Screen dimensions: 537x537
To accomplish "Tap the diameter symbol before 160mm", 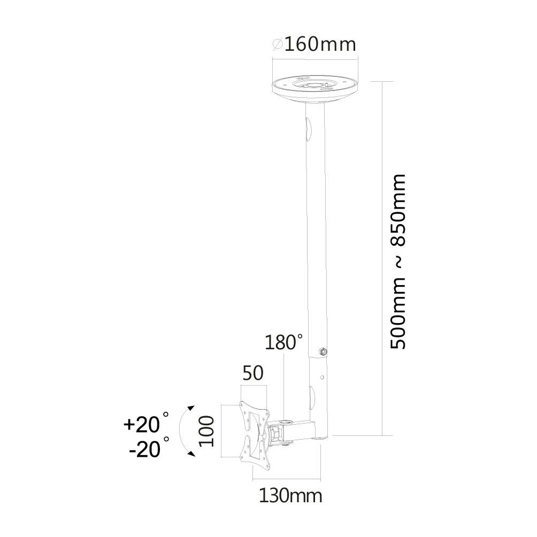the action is click(278, 44).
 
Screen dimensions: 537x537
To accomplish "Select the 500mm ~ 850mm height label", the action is click(398, 262).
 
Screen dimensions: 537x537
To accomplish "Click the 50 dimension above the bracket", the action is click(253, 373).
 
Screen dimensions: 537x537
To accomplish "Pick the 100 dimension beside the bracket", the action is click(206, 431).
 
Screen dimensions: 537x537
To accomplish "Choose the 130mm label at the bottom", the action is click(290, 496).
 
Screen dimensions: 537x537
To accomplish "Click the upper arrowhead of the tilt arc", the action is click(190, 408).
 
